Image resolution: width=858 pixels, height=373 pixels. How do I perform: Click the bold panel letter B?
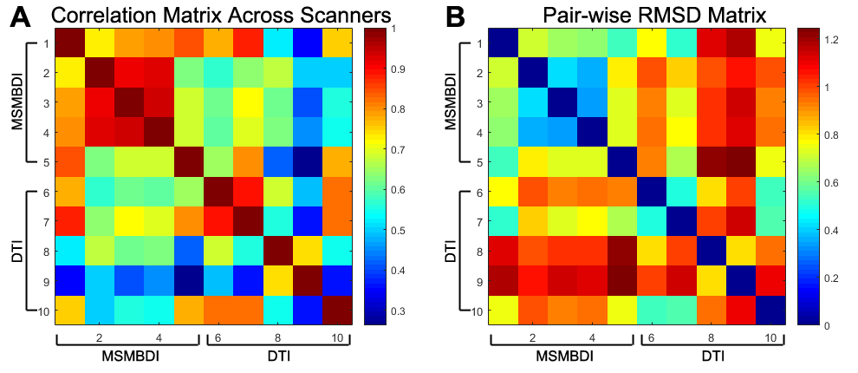point(460,16)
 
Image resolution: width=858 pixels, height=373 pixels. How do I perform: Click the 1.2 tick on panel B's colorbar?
point(829,39)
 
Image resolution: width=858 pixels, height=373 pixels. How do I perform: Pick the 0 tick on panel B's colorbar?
point(825,325)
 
